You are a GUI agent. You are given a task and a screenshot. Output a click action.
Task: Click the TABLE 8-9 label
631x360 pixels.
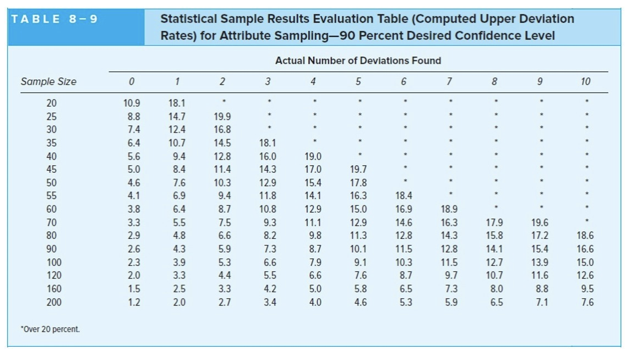(x=55, y=19)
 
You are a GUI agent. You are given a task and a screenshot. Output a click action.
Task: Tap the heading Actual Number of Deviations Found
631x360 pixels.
(x=358, y=61)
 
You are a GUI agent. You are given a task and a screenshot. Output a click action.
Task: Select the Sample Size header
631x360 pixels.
(x=48, y=81)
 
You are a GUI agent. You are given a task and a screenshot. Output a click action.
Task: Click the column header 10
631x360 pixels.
(x=585, y=81)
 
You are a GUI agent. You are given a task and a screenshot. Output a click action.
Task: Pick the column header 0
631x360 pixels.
(x=131, y=81)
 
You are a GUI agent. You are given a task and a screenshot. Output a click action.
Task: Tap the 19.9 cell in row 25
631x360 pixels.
(x=222, y=117)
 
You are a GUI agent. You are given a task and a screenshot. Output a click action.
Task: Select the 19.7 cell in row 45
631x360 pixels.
(x=358, y=169)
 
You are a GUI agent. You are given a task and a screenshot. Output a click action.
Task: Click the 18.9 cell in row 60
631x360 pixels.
(x=449, y=209)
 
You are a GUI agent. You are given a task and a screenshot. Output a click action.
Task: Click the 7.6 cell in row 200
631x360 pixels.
(x=587, y=302)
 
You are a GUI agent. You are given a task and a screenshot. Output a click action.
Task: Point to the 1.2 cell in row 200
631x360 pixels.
(x=133, y=302)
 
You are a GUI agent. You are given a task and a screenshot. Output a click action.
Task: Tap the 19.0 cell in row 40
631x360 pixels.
(x=313, y=156)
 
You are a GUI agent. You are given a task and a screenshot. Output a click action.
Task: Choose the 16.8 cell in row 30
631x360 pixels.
(x=222, y=130)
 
